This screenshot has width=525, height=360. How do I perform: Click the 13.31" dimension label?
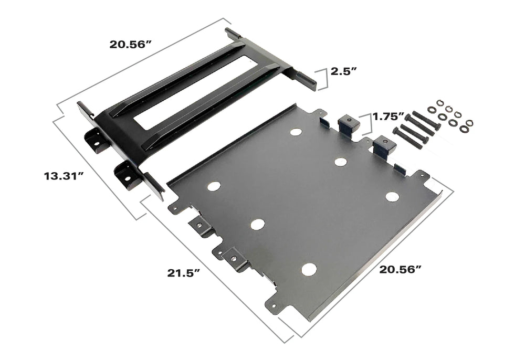pos(64,176)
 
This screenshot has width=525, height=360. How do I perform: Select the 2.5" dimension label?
pos(344,71)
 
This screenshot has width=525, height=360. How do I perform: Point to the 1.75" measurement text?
pos(388,117)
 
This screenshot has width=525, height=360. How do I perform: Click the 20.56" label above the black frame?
pos(131,44)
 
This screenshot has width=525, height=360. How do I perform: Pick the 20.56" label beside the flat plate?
pos(401,269)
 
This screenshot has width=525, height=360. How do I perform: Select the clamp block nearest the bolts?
pos(384,146)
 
